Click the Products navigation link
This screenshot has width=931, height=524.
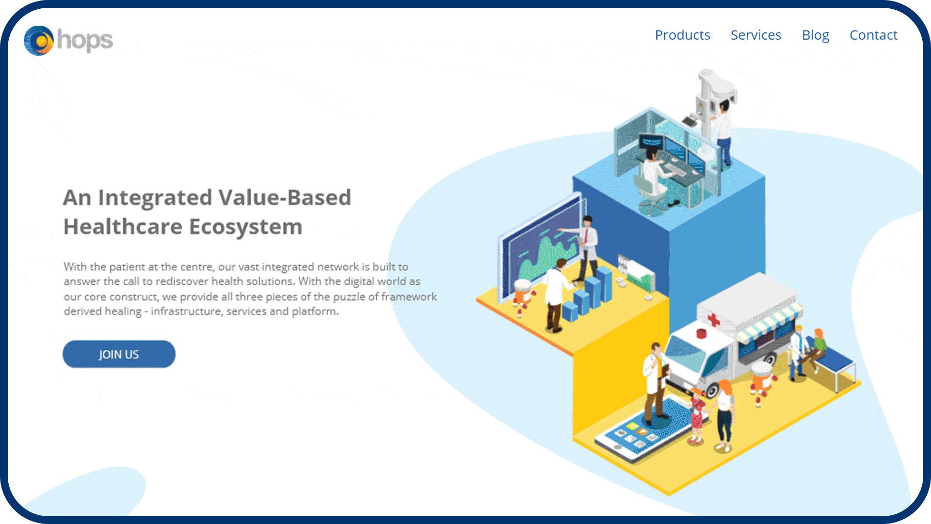682,35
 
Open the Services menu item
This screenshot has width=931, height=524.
756,35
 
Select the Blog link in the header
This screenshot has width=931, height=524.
816,35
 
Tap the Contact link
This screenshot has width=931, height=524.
873,35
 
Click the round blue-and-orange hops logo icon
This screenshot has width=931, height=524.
39,41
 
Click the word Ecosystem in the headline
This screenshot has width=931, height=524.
245,227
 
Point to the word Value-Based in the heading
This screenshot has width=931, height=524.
285,197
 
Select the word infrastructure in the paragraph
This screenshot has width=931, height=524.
186,311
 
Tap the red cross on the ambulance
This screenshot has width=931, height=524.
713,319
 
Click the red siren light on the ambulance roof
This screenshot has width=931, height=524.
701,333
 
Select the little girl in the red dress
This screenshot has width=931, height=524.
696,417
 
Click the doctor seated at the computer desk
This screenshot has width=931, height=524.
652,173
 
